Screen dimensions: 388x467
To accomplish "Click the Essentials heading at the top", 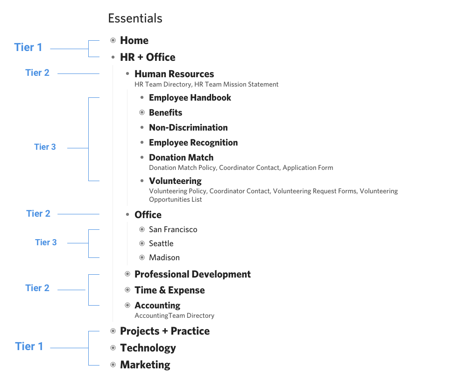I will [x=135, y=18].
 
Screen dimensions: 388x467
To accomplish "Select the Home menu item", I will [x=134, y=40].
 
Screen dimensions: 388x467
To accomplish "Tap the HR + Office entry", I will [x=148, y=57].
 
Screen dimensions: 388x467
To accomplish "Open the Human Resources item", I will [x=174, y=74].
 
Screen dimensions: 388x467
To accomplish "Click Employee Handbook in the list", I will [x=190, y=98].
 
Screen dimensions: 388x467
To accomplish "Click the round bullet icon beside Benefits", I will [x=142, y=113].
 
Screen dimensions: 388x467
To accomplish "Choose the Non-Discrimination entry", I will [x=188, y=128].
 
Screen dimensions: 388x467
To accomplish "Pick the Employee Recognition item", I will [x=193, y=143].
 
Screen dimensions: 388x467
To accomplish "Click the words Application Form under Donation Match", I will [x=308, y=168].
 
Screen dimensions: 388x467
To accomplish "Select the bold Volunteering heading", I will [x=175, y=181].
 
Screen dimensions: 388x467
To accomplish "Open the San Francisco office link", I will [x=173, y=229].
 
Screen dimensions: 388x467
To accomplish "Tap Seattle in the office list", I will [x=161, y=243].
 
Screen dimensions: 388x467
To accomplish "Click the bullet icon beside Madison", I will [x=142, y=257].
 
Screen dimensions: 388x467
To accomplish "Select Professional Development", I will [x=192, y=274].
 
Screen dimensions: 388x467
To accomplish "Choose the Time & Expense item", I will [x=170, y=290].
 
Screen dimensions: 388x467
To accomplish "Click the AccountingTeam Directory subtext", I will [x=174, y=315].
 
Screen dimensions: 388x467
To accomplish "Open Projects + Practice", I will [x=165, y=331].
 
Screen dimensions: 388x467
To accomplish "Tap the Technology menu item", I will [x=148, y=348].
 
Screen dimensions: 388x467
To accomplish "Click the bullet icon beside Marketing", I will [x=113, y=365].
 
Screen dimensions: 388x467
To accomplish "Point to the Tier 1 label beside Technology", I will [x=29, y=346].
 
